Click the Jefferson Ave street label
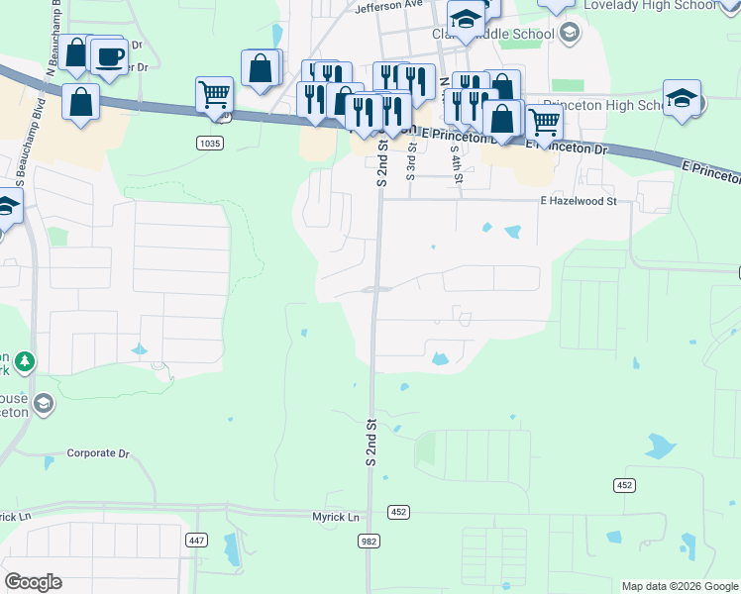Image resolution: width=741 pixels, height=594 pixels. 388,5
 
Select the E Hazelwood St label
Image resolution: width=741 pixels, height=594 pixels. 579,201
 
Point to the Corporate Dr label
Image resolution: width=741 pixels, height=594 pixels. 98,453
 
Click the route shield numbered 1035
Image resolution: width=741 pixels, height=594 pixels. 209,144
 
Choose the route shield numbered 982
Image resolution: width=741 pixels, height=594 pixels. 369,540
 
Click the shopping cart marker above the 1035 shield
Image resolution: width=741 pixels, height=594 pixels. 214,95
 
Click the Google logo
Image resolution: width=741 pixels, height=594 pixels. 33,582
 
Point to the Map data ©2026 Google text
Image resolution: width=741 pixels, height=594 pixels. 679,586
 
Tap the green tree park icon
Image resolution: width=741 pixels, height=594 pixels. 23,362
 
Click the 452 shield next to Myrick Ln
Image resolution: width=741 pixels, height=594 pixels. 398,512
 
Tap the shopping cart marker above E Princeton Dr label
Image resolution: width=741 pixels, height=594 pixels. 544,123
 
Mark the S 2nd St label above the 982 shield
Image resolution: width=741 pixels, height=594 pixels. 372,442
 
